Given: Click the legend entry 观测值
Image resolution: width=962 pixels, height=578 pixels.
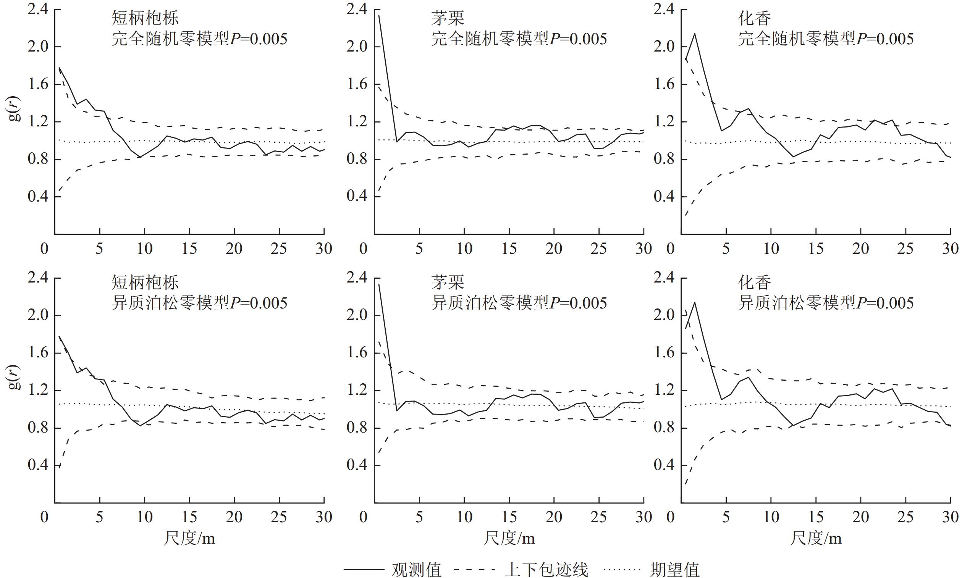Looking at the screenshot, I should click(x=417, y=569).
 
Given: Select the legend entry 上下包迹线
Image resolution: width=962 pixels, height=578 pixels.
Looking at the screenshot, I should click(x=546, y=569).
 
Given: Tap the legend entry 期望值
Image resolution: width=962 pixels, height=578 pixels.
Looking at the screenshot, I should click(x=674, y=569).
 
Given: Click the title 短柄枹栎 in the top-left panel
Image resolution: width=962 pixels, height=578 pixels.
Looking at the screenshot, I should click(x=145, y=19).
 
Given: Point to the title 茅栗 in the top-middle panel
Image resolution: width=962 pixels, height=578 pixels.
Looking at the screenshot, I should click(x=447, y=19).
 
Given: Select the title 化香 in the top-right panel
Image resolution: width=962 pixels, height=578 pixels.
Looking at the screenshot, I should click(x=754, y=19).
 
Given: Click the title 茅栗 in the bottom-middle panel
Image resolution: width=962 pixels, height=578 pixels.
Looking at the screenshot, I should click(x=447, y=283).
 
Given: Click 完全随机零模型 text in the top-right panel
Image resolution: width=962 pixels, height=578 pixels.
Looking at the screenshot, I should click(x=797, y=39).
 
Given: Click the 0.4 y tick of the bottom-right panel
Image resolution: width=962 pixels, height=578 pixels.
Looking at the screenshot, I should click(x=664, y=465).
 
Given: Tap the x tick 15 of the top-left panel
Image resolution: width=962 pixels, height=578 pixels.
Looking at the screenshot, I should click(x=189, y=249).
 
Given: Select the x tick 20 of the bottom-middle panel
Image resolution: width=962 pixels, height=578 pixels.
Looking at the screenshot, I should click(x=554, y=517).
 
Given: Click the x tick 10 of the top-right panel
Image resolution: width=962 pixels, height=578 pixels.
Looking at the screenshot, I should click(x=771, y=249).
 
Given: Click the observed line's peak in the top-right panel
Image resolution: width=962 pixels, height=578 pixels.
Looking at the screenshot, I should click(x=695, y=34).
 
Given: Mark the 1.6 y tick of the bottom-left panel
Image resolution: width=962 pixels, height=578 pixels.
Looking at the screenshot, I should click(x=38, y=353).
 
